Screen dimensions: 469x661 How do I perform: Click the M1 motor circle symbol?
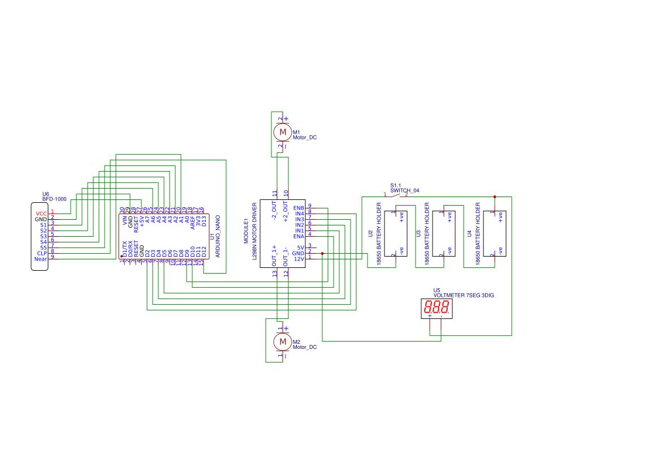[282, 132]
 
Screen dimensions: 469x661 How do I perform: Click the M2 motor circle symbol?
[282, 342]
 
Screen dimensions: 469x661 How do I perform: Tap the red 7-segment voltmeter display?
[437, 309]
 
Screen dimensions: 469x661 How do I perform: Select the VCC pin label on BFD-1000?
[41, 213]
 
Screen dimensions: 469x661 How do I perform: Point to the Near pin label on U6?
[41, 259]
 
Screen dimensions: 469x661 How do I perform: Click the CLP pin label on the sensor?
[42, 253]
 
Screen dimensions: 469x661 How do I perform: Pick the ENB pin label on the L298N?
[299, 208]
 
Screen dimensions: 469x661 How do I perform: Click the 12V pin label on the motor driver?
[299, 259]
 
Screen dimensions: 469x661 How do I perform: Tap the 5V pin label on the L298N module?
[301, 248]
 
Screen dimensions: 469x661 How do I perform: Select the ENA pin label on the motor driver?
[299, 236]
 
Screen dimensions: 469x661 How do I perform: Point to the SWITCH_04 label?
[405, 190]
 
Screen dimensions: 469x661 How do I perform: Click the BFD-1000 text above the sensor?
[54, 199]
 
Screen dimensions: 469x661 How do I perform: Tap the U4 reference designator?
[469, 233]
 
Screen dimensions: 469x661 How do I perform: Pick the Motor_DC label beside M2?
[305, 347]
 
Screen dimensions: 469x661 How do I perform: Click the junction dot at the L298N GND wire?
[322, 253]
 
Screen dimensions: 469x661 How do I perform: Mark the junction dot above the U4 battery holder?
[495, 197]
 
